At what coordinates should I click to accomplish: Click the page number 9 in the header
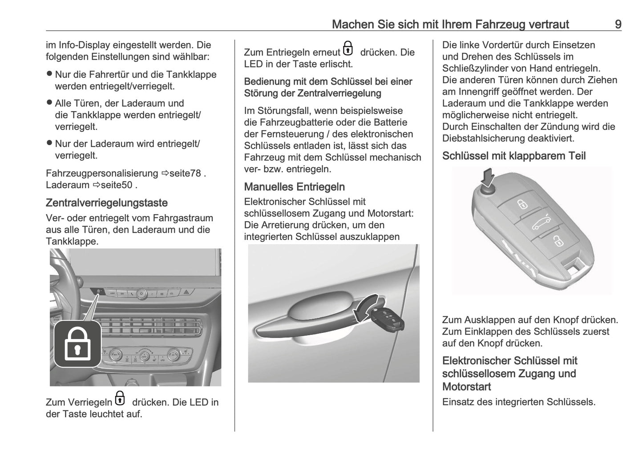(x=618, y=24)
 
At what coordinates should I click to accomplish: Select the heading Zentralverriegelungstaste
(x=107, y=203)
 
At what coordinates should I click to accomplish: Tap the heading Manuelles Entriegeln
(x=294, y=187)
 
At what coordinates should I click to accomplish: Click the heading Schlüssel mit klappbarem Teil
(x=514, y=156)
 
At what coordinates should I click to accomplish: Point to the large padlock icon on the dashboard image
(x=78, y=344)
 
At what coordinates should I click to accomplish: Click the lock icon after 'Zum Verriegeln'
(x=120, y=398)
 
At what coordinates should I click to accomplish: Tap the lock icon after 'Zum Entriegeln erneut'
(x=348, y=49)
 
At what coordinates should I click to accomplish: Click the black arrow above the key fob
(x=488, y=178)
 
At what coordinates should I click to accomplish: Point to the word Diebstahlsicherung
(x=485, y=138)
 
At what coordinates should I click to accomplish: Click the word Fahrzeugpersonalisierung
(x=102, y=173)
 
